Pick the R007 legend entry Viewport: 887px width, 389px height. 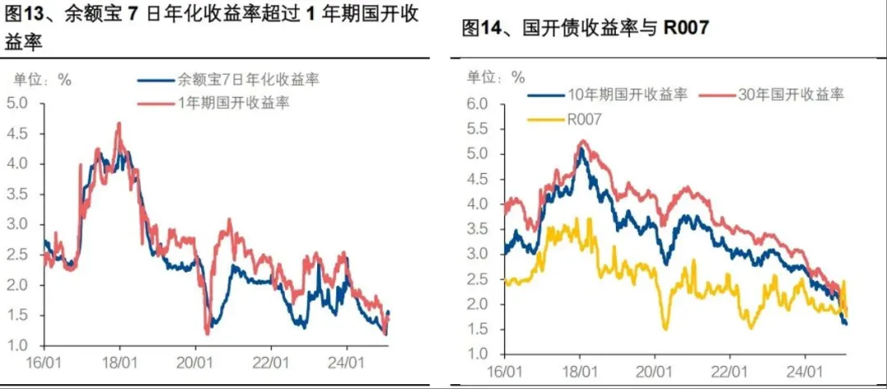coord(584,119)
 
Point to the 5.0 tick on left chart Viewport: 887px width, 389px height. coord(17,103)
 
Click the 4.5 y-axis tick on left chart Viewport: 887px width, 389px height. coord(17,133)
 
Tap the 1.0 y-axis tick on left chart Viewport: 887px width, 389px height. coord(17,345)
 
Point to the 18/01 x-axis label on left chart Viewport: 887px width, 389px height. coord(120,361)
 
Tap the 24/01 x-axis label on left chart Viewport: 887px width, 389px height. coord(346,361)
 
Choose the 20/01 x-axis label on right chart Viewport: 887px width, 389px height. coord(655,371)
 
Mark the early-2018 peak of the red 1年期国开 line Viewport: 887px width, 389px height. coord(119,124)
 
